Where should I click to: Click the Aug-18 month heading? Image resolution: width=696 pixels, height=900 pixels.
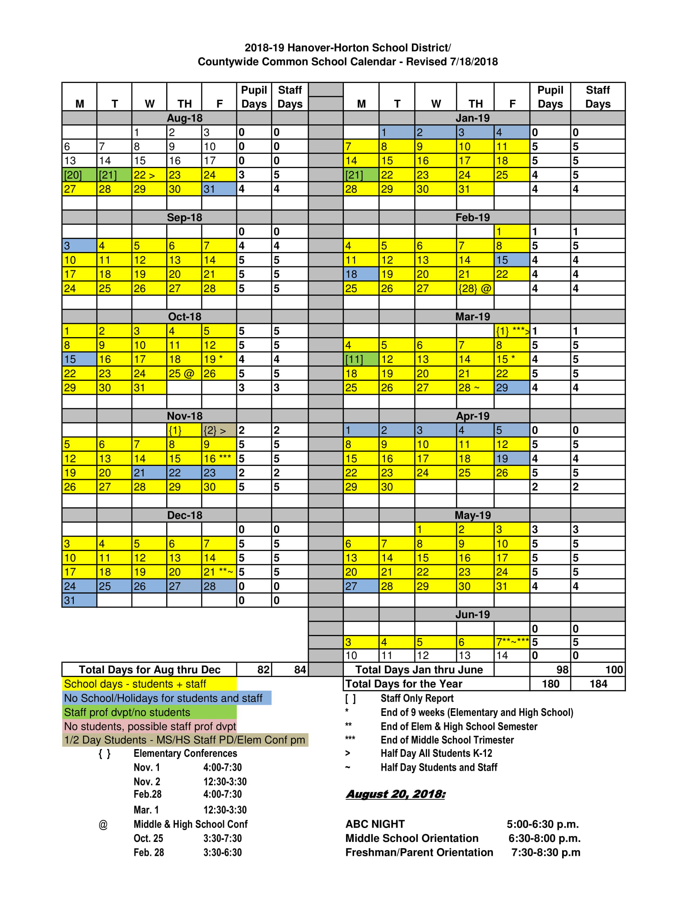(184, 118)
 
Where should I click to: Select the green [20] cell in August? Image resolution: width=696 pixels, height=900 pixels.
(79, 175)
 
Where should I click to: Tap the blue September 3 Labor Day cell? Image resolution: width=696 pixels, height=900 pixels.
(79, 246)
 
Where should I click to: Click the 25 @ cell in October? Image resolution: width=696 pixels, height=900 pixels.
(184, 373)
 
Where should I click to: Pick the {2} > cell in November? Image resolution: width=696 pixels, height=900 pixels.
(219, 430)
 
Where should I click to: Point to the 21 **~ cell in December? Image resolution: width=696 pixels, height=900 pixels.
(219, 572)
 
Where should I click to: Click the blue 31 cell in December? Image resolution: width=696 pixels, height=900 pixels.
(79, 601)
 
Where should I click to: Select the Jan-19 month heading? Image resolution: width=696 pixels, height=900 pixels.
(472, 118)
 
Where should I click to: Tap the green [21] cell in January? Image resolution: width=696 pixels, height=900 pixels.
(361, 175)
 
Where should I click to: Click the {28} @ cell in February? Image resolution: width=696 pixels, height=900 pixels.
(475, 288)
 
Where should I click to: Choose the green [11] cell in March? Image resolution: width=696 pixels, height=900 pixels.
(361, 359)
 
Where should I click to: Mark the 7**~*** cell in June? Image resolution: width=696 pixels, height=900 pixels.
(512, 642)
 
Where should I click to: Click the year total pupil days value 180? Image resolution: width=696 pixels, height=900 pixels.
(550, 684)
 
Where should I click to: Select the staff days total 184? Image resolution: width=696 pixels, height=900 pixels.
(598, 684)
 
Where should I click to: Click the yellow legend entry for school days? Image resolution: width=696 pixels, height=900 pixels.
(149, 684)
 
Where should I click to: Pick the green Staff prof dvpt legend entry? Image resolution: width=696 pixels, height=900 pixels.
(149, 712)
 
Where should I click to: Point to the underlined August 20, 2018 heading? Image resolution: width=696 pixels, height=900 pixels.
(395, 794)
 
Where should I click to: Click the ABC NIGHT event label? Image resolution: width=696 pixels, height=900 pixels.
(375, 824)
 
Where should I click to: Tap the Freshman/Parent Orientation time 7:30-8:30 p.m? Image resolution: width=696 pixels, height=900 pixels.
(545, 852)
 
